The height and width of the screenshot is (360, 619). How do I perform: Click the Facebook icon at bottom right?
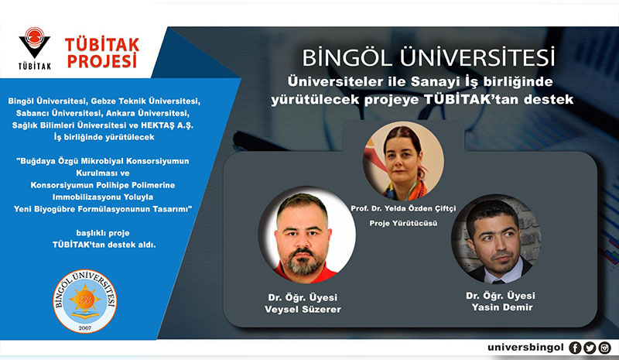575,348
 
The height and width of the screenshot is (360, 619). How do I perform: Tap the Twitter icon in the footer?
590,348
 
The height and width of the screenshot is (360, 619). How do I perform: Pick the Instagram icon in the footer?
604,348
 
